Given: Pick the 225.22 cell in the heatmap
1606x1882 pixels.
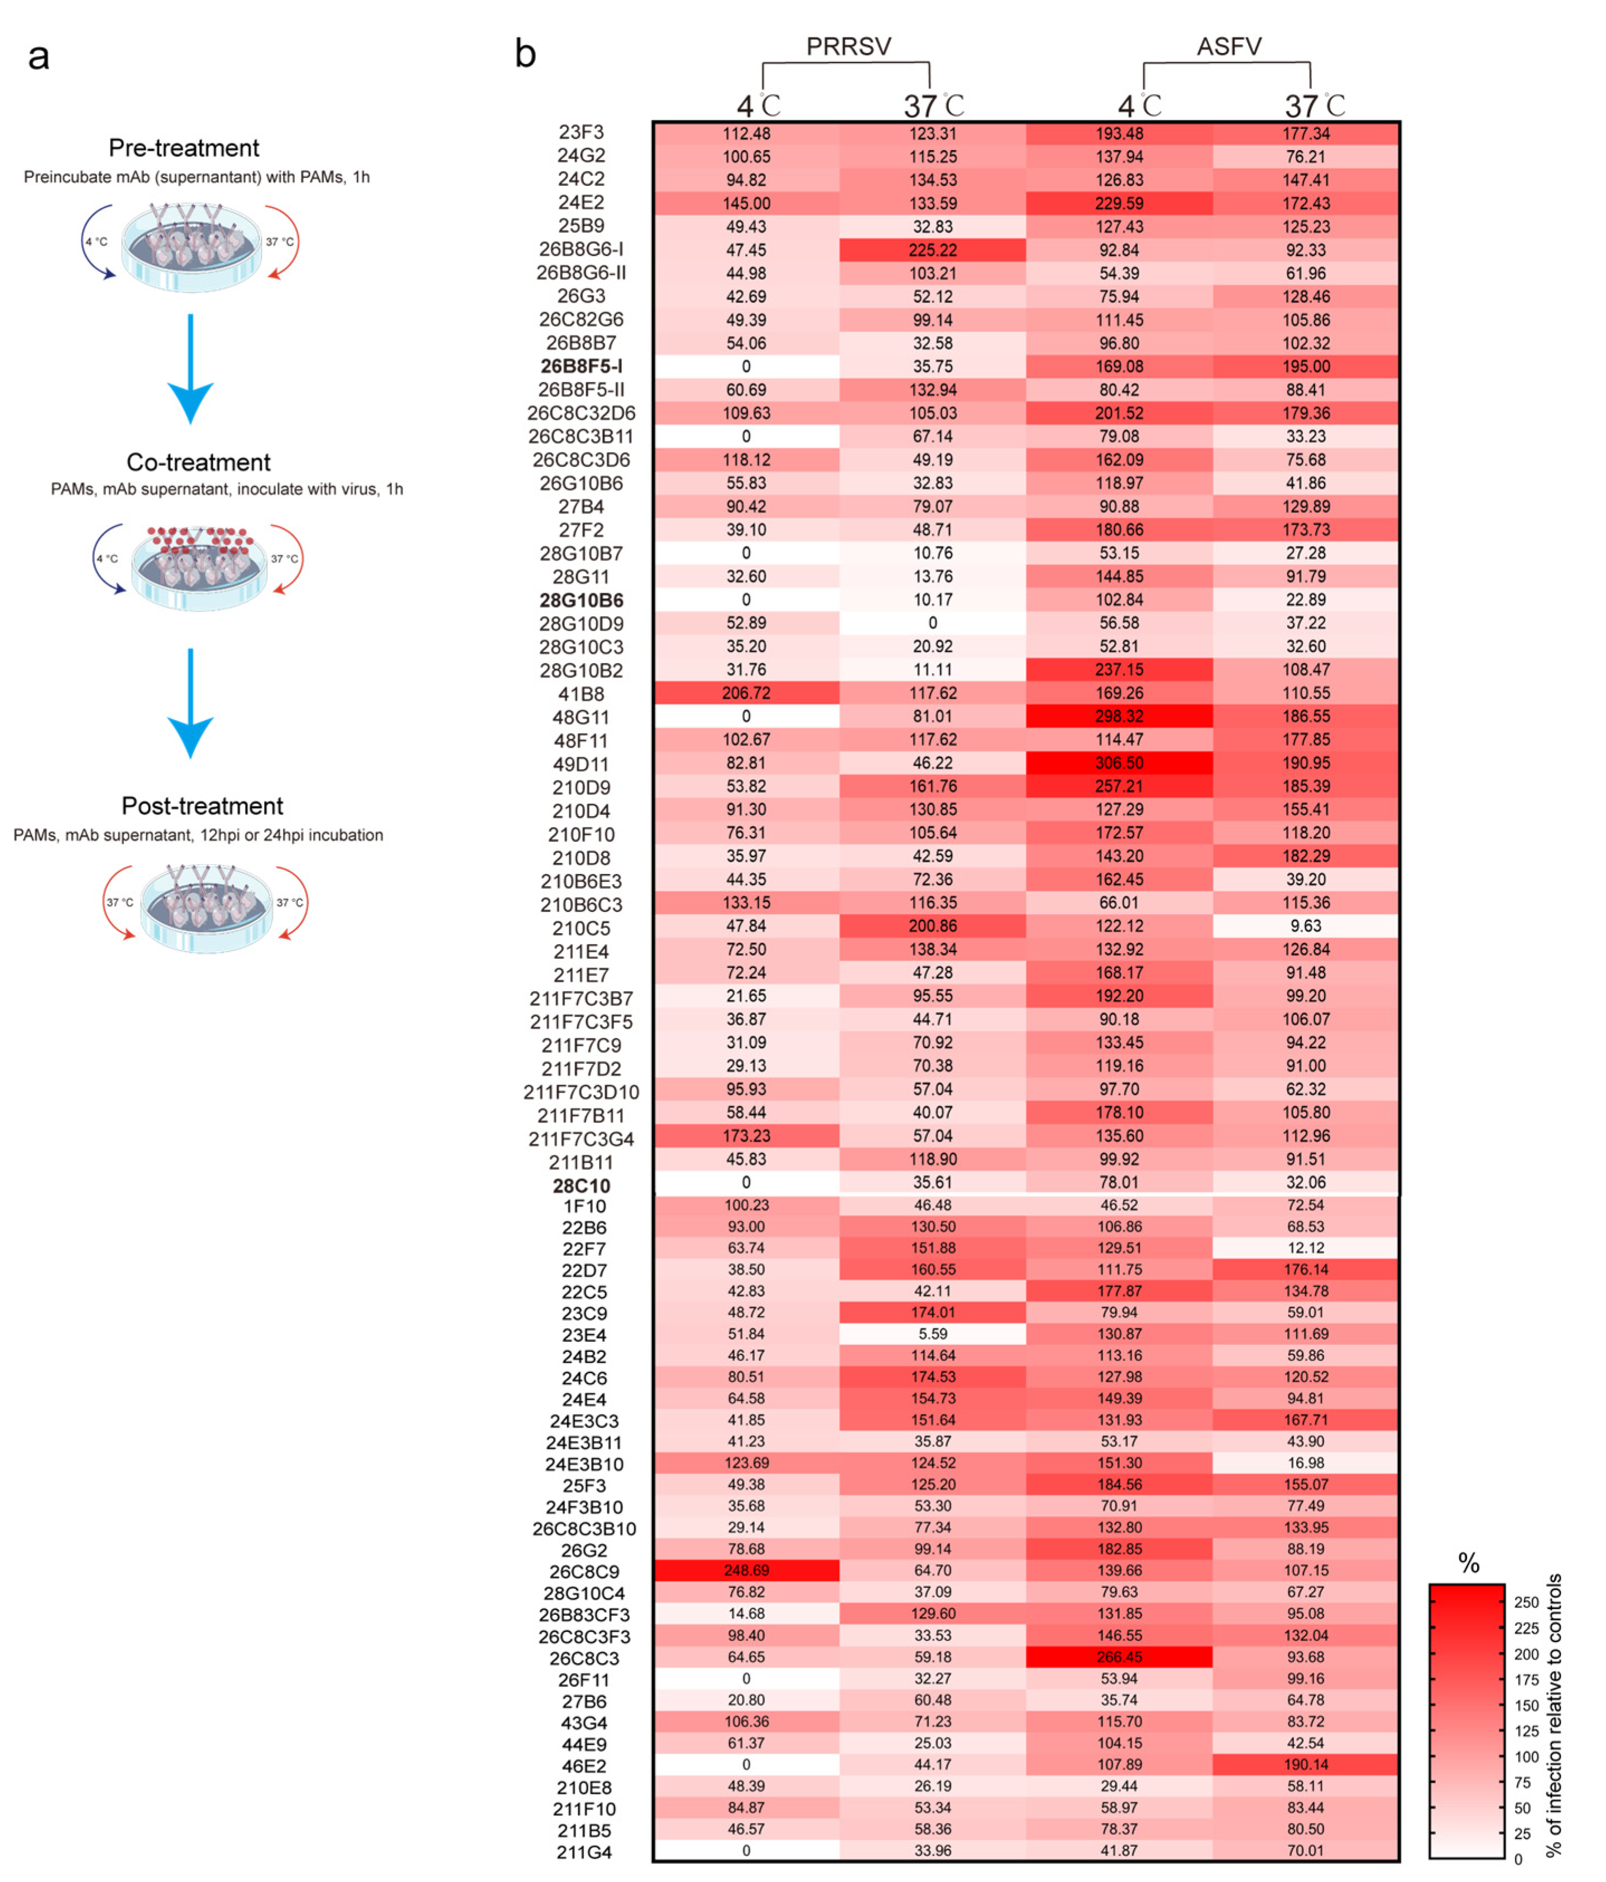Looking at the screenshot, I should click(x=932, y=250).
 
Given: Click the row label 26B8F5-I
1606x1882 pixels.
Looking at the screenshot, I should click(x=581, y=366).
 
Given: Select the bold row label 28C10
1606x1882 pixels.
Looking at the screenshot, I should click(x=581, y=1185).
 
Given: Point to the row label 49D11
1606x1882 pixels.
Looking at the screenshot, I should click(x=581, y=764).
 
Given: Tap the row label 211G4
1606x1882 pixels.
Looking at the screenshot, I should click(x=584, y=1852).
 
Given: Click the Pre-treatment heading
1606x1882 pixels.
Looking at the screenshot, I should click(x=184, y=148).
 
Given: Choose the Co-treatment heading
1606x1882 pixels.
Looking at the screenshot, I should click(x=198, y=462).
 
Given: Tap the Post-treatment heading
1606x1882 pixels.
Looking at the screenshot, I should click(x=202, y=806).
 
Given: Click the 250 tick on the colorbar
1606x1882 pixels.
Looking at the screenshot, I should click(x=1526, y=1602).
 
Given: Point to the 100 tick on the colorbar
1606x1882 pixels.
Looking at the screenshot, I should click(x=1526, y=1756).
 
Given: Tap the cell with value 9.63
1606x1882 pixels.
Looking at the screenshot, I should click(x=1305, y=925).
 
